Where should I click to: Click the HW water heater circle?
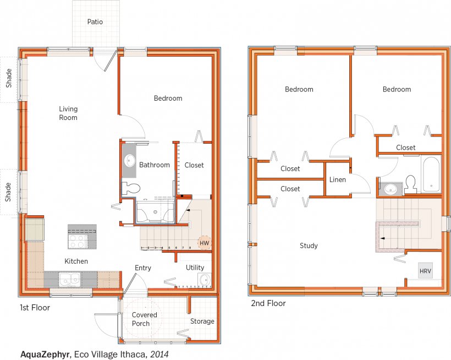pos(205,243)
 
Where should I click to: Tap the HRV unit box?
pos(425,271)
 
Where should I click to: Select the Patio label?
pos(95,21)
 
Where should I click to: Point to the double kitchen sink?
pos(70,280)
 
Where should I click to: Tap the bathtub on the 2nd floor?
pos(431,174)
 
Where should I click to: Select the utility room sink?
pos(205,280)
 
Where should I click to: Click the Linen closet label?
pos(337,179)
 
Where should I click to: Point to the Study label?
pos(309,246)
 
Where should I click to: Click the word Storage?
pos(202,321)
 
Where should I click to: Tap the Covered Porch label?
pos(145,319)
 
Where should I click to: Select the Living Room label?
pos(68,113)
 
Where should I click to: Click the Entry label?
pos(143,268)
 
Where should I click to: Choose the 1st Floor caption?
pos(35,308)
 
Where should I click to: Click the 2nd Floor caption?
pos(268,303)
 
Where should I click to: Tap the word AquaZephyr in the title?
pos(46,354)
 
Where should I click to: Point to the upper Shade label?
pos(9,78)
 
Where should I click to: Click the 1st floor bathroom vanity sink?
pos(129,160)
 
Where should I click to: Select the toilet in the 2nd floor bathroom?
pos(410,184)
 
